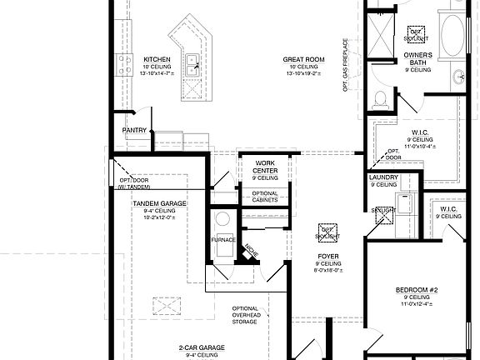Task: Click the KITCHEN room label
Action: [x=157, y=60]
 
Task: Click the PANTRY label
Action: [x=135, y=130]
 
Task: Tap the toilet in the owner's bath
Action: [x=380, y=100]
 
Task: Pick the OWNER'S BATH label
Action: [x=418, y=59]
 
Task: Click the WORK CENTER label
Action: [x=265, y=167]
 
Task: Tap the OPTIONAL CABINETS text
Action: [x=265, y=197]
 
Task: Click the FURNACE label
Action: [x=223, y=239]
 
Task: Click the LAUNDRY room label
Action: [x=383, y=177]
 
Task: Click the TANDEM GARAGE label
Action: [x=158, y=203]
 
